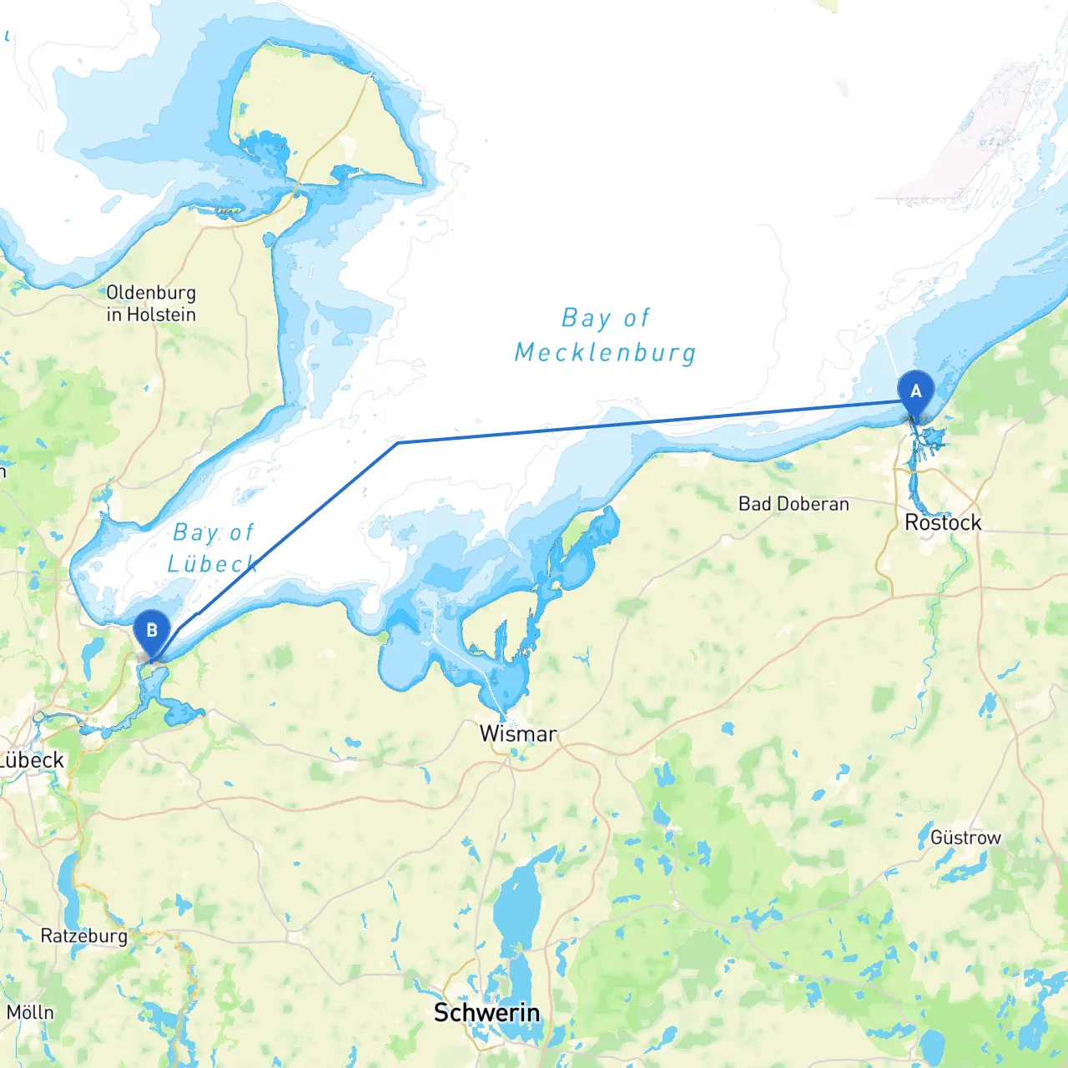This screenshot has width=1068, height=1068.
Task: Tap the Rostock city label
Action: [943, 523]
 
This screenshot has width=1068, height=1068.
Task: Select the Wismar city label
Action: [518, 734]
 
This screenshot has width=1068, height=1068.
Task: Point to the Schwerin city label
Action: [486, 1013]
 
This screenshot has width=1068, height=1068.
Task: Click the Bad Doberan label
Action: [793, 504]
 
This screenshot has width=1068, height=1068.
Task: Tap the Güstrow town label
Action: [965, 838]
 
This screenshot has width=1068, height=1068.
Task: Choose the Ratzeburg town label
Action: [84, 936]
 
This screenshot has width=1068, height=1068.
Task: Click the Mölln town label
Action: [30, 1013]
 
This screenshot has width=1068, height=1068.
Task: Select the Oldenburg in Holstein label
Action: [151, 304]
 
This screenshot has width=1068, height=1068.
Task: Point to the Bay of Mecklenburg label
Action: [606, 335]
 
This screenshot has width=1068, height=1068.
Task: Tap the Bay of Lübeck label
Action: [213, 548]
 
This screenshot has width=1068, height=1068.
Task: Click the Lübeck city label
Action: [32, 760]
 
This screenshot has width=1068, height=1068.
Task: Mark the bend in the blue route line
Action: [398, 442]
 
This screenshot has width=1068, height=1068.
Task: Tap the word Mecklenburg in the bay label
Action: [606, 353]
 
